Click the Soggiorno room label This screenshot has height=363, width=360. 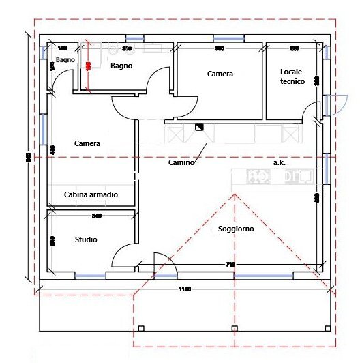[236, 229]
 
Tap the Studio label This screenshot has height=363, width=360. [86, 239]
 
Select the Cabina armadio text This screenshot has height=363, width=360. [91, 195]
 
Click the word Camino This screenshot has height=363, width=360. [181, 163]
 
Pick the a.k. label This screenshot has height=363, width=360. [279, 163]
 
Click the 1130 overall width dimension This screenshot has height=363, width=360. [184, 289]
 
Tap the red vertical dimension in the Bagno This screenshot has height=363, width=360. [88, 65]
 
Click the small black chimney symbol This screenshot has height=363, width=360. [200, 126]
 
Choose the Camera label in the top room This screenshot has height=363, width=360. [220, 74]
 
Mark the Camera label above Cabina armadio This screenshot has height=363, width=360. [87, 144]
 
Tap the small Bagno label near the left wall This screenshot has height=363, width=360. [65, 60]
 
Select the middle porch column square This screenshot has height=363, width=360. [234, 329]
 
